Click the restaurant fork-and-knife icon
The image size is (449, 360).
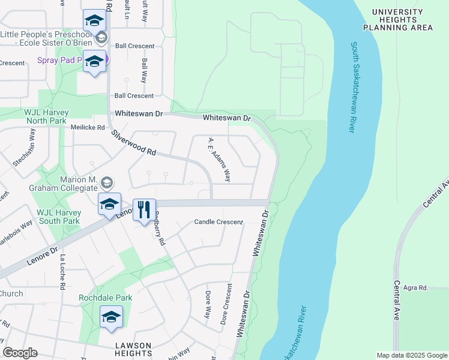pos(144,209)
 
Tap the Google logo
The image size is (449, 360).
pos(20,353)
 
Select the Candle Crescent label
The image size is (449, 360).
pos(218,222)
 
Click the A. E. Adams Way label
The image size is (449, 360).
pos(219,159)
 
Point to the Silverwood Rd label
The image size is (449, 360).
pos(133,145)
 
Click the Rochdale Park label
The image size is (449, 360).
pos(106,298)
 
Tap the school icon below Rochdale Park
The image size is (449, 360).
pos(111,317)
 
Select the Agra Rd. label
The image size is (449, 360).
pos(415,287)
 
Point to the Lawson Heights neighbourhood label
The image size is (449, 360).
pos(133,349)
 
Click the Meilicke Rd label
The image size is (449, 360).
pos(88,127)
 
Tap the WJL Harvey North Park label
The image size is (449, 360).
pos(46,116)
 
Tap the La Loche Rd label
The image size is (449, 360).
pos(61,272)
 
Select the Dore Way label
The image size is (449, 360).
pos(208,304)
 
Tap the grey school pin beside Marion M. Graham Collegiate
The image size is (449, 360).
pos(106,182)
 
